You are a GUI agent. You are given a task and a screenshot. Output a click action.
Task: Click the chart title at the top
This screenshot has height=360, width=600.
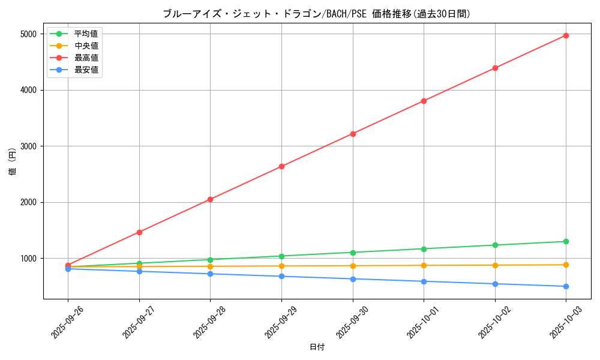[x=316, y=14]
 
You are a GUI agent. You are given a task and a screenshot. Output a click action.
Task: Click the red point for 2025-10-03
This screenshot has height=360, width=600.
[x=566, y=35]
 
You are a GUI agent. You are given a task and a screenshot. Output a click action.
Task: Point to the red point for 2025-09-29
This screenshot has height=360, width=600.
[x=281, y=166]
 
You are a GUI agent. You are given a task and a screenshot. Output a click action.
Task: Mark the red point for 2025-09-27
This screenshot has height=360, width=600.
[x=139, y=232]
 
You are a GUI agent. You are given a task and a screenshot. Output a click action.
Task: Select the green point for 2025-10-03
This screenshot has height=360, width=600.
[x=566, y=241]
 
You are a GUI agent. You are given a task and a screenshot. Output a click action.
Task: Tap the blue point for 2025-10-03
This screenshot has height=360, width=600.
[x=566, y=286]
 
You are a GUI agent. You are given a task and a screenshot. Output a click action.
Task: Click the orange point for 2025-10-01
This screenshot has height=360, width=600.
[x=424, y=265]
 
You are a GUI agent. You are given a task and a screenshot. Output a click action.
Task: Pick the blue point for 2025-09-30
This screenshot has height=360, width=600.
[x=353, y=279]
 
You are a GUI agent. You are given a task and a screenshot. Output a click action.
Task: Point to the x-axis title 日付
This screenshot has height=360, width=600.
[x=317, y=347]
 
